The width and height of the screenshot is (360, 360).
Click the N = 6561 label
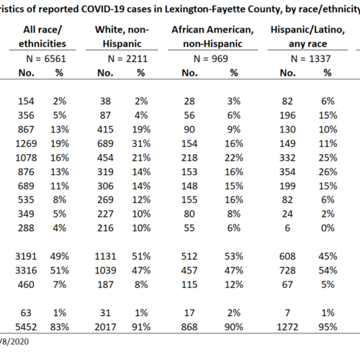[x=46, y=58]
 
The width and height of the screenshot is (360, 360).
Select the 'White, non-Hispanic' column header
[x=122, y=37]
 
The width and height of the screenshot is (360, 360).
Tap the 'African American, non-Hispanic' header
[x=212, y=37]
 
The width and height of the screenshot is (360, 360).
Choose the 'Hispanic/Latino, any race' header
[x=307, y=37]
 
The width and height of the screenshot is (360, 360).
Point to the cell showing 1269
[x=26, y=144]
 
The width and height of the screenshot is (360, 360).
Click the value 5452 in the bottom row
[x=26, y=327]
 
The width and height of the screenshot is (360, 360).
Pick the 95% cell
[x=328, y=327]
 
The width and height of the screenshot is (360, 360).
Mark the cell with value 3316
[x=26, y=271]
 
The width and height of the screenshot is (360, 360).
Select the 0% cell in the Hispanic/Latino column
[x=328, y=228]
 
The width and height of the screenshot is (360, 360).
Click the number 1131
[x=105, y=256]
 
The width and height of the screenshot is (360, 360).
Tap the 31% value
[x=141, y=144]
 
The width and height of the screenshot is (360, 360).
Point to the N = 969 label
[x=211, y=58]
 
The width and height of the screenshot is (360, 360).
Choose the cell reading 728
[x=287, y=271]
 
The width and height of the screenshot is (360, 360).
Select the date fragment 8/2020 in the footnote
[x=15, y=341]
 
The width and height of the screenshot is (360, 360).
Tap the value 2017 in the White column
[x=105, y=327]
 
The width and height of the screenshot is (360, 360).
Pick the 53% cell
[x=234, y=256]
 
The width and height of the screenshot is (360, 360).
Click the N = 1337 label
[x=310, y=58]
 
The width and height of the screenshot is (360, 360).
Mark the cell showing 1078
[x=26, y=158]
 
